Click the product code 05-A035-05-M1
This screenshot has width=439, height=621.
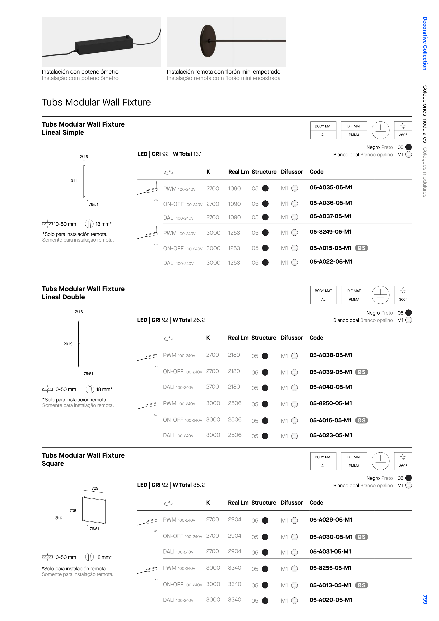[331, 187]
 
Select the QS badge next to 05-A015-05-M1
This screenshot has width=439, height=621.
[361, 248]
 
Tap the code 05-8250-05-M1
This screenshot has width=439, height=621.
[331, 403]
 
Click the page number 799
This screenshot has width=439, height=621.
[425, 599]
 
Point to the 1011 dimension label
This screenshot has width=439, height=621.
[73, 181]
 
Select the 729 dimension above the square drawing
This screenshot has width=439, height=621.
[95, 488]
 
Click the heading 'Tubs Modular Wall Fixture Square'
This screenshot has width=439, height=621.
[83, 459]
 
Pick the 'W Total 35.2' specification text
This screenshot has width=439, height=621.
[188, 485]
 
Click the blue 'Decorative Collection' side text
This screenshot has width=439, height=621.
[425, 44]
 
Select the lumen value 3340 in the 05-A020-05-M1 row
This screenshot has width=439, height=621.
[235, 600]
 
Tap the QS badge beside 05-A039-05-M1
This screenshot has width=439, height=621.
[361, 372]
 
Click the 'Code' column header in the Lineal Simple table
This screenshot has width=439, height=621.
[316, 172]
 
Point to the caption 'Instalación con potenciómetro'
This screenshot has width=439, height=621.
[80, 72]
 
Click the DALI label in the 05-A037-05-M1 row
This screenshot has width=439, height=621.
[169, 218]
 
